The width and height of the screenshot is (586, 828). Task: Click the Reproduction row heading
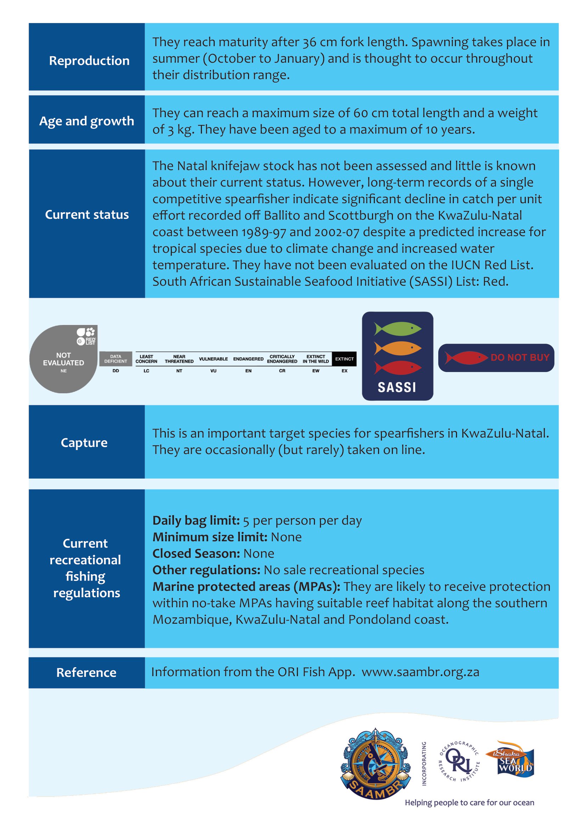(x=89, y=61)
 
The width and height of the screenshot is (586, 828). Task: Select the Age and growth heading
(x=86, y=121)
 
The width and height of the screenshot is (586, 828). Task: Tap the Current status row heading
(x=86, y=215)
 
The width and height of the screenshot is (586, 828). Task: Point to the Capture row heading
(x=84, y=442)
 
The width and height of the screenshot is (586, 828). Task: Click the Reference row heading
(x=86, y=673)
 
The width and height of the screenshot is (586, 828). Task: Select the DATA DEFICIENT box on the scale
(x=115, y=359)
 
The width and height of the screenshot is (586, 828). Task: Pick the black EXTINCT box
(x=344, y=359)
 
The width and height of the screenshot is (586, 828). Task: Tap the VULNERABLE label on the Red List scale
(x=213, y=359)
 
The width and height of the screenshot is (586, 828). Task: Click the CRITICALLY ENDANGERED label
(x=282, y=359)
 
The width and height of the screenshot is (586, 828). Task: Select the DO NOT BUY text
(x=520, y=358)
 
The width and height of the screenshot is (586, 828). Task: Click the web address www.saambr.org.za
(x=421, y=672)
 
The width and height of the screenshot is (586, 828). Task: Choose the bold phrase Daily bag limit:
(x=196, y=520)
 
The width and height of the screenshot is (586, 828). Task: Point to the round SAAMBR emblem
(x=376, y=763)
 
